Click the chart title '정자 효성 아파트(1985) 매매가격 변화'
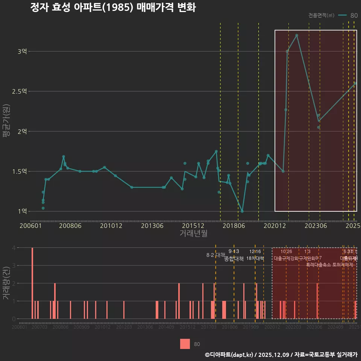click(x=113, y=8)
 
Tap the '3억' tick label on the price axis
click(x=22, y=51)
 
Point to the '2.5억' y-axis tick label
click(x=20, y=91)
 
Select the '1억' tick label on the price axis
click(x=22, y=211)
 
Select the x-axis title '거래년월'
click(x=193, y=234)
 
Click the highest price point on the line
click(x=297, y=35)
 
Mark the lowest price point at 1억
click(x=242, y=211)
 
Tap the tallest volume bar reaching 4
click(x=32, y=283)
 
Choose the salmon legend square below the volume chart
click(x=185, y=344)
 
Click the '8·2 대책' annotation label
click(x=215, y=255)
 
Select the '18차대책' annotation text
click(x=255, y=258)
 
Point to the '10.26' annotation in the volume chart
click(x=286, y=252)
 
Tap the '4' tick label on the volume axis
click(x=14, y=248)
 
